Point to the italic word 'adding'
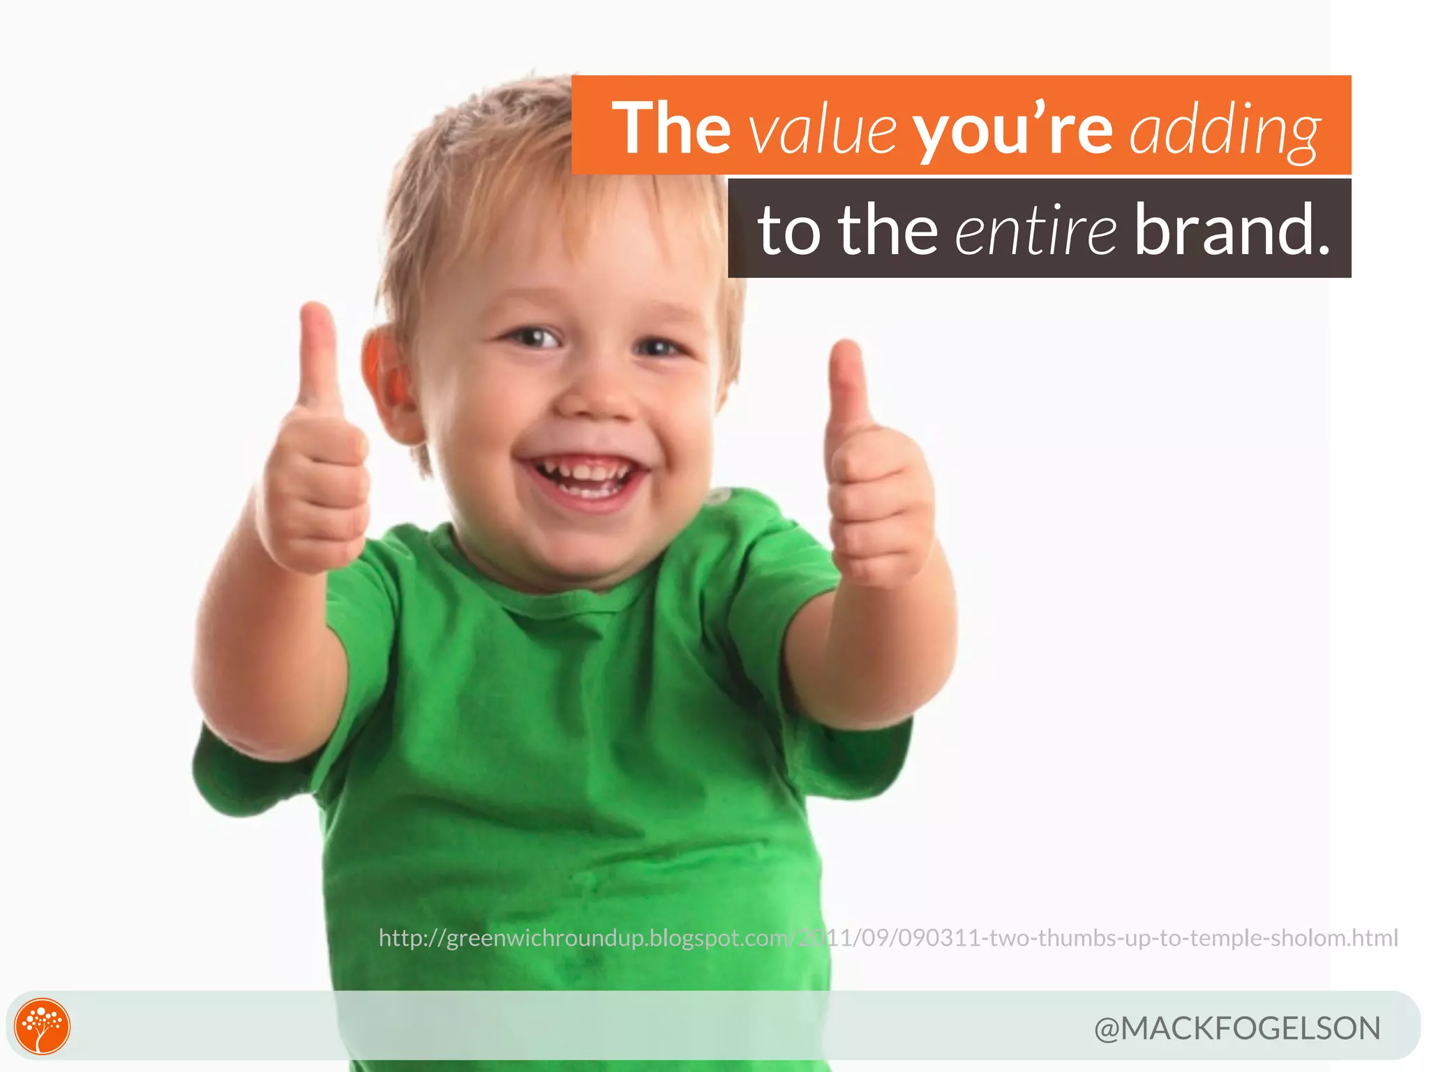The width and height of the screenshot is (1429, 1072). tap(1225, 131)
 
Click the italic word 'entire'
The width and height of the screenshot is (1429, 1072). tap(1035, 230)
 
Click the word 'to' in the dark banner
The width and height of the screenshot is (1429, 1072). tap(788, 230)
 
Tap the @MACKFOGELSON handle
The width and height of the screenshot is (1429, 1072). tap(1236, 1028)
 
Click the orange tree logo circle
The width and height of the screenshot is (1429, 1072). tap(43, 1026)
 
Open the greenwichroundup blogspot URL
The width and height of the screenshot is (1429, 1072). tap(888, 937)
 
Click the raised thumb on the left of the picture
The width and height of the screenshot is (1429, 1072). tap(319, 356)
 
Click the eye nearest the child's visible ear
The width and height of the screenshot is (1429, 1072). tap(534, 339)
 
